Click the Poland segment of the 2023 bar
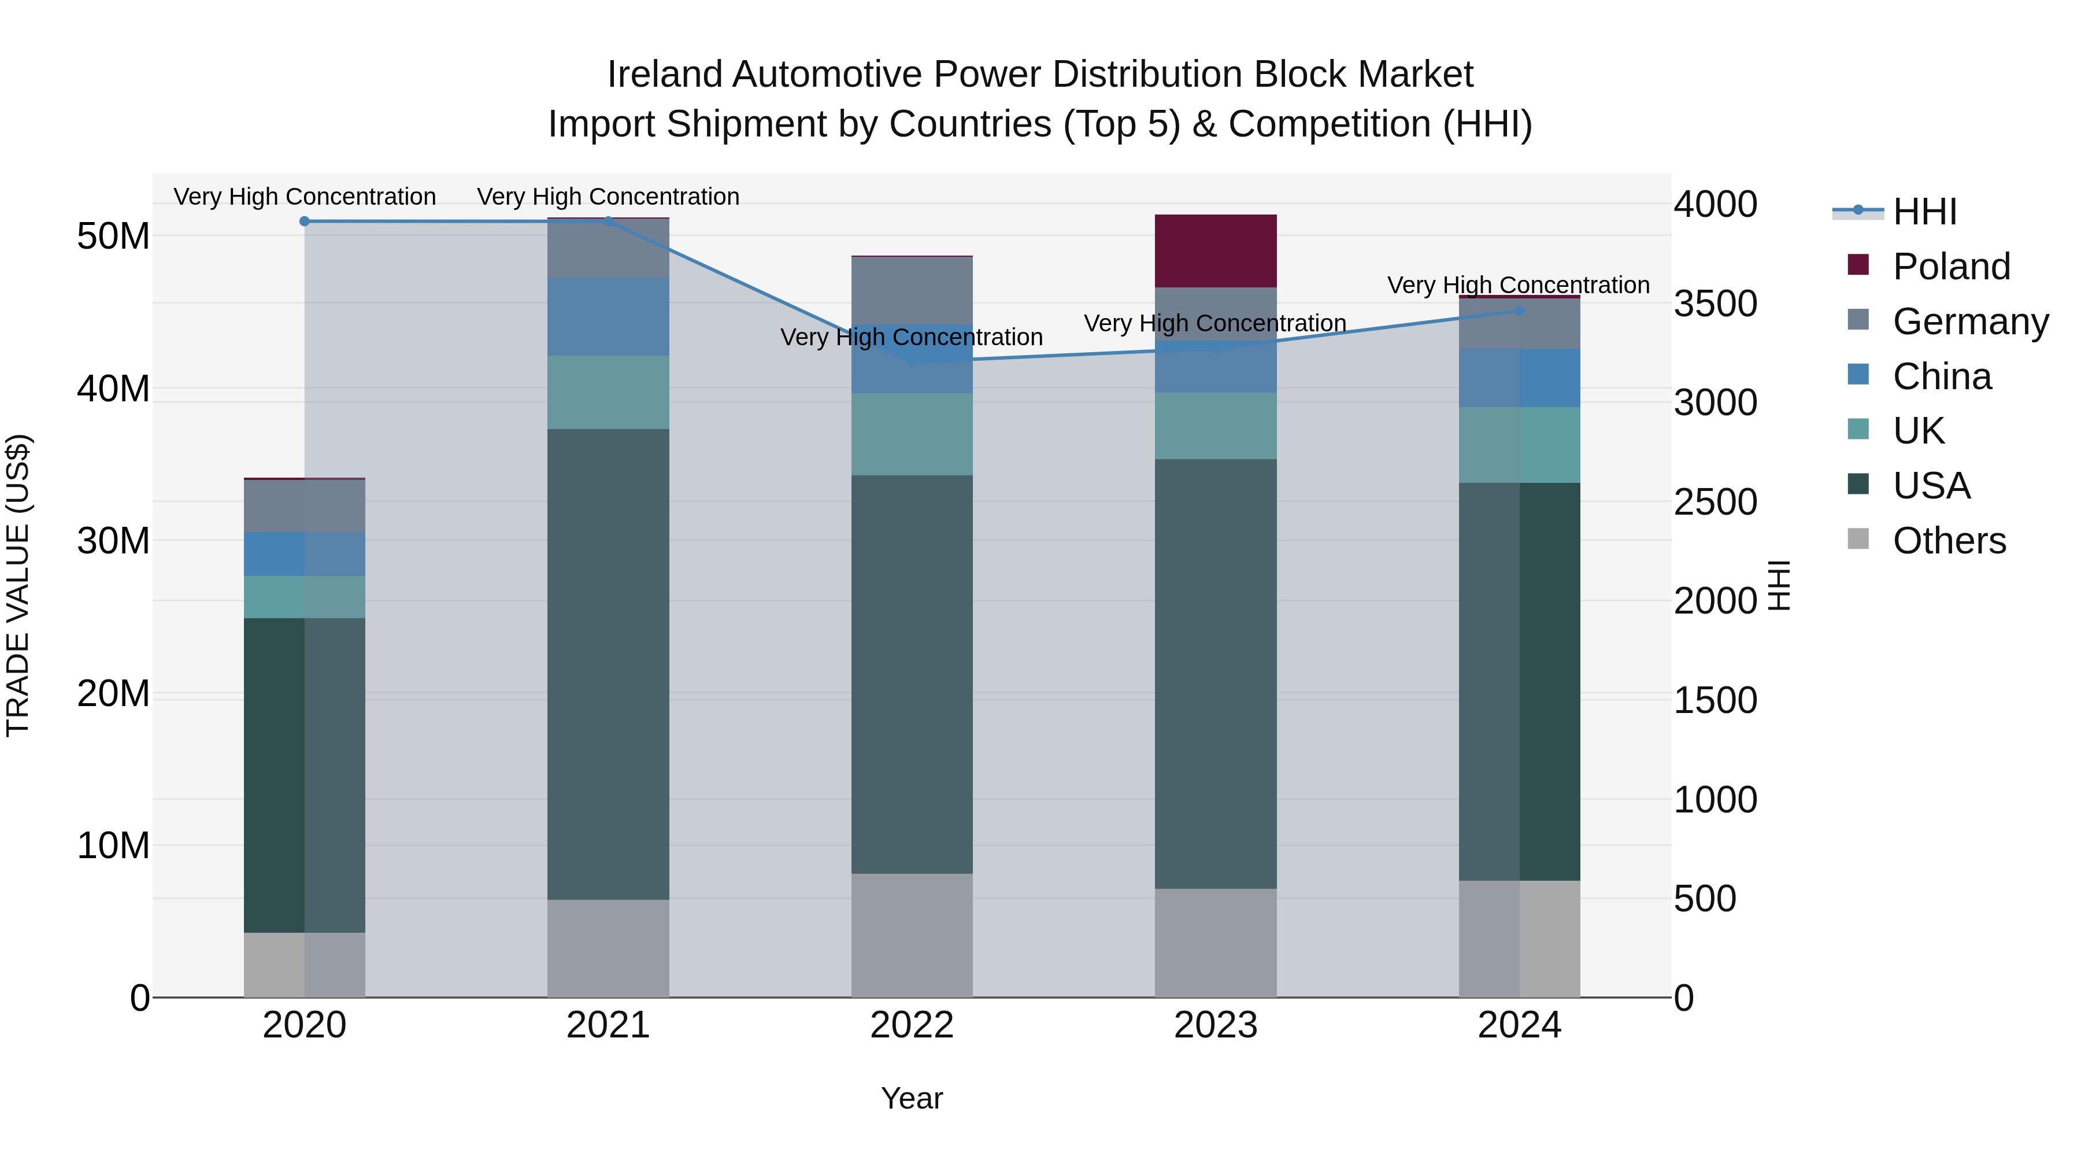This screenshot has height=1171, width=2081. pyautogui.click(x=1215, y=250)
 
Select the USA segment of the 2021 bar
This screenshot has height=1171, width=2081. pyautogui.click(x=608, y=663)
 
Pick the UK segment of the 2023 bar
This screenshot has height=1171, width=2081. pyautogui.click(x=1215, y=426)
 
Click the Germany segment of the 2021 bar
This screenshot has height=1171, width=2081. pyautogui.click(x=608, y=248)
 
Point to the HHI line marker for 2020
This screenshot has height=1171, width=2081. pyautogui.click(x=305, y=221)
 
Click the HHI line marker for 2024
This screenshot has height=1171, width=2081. pyautogui.click(x=1520, y=311)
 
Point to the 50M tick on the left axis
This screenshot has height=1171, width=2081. pyautogui.click(x=113, y=236)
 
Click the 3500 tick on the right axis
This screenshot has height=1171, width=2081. pyautogui.click(x=1715, y=304)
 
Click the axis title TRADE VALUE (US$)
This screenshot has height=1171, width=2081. pyautogui.click(x=18, y=585)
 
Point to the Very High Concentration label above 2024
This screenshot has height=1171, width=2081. pyautogui.click(x=1518, y=285)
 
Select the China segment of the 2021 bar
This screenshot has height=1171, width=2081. pyautogui.click(x=608, y=317)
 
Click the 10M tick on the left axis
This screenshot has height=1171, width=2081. pyautogui.click(x=113, y=845)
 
